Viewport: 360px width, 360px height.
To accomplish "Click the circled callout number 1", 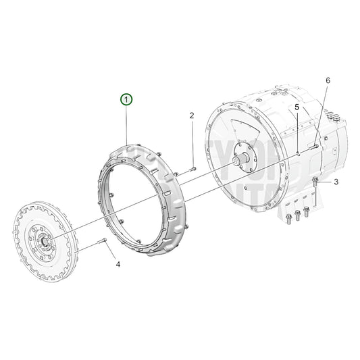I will tap(128, 100).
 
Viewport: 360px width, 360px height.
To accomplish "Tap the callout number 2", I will tap(192, 115).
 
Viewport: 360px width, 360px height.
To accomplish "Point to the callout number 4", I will tap(118, 264).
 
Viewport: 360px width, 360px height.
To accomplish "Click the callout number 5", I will tap(296, 107).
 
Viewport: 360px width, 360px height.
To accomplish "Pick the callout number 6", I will tap(328, 80).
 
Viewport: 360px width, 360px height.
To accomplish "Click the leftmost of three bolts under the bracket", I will tap(290, 217).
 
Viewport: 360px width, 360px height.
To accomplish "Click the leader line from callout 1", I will tap(128, 125).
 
